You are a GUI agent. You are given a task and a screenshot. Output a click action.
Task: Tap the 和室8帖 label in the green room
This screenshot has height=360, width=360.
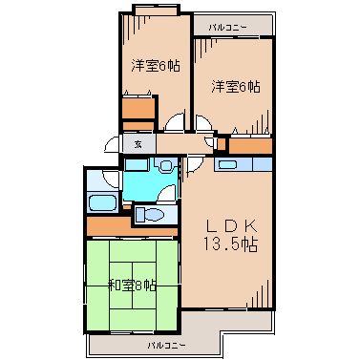point(132,285)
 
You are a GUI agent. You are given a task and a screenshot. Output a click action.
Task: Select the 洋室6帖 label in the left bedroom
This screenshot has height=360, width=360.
point(155,66)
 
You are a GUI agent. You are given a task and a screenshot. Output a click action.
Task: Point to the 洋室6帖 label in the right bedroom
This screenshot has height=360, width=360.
point(236,86)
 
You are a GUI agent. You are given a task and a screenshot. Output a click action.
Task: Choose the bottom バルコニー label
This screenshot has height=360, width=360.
point(166,343)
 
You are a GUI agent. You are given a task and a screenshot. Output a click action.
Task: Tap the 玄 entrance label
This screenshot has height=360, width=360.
point(138,144)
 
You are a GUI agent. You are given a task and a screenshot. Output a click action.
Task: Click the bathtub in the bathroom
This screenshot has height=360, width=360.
point(100,203)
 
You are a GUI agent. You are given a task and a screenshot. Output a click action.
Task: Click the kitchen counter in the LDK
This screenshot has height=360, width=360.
point(245,164)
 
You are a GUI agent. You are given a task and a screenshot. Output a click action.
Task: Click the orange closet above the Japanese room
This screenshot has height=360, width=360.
point(130,226)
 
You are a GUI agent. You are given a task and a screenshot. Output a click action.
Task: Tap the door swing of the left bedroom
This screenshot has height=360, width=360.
point(174,121)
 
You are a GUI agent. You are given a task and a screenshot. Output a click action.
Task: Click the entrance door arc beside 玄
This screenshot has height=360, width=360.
point(113,143)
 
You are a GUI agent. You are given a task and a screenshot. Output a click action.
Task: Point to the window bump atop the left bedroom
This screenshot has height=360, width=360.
point(155,10)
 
